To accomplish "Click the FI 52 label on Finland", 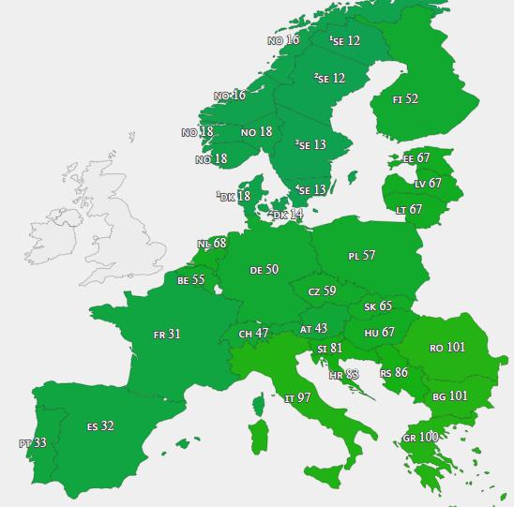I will (406, 99).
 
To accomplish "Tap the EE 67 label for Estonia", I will (416, 158).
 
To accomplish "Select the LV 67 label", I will (427, 184).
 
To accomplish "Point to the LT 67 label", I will (409, 210).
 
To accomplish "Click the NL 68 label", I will (211, 245).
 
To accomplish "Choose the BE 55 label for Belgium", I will (190, 280).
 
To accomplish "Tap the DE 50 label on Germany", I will (264, 270).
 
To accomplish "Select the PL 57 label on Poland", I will (361, 256).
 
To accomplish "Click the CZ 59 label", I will (322, 291).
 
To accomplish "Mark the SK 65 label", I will (378, 306).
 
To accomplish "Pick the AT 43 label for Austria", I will (313, 329).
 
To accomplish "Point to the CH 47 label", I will (253, 334).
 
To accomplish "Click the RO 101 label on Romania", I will (447, 348).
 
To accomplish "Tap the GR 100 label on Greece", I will (420, 438).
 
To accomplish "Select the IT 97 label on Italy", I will (297, 398).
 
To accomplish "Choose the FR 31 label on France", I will (167, 334).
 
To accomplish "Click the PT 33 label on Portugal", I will (32, 442).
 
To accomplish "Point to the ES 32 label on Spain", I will (100, 426).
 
